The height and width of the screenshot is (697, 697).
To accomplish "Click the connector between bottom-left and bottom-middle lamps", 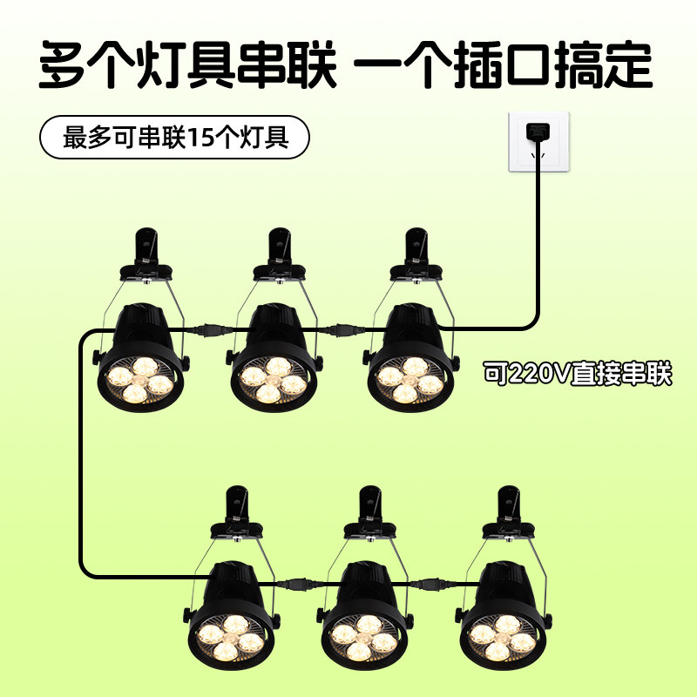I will [298, 583].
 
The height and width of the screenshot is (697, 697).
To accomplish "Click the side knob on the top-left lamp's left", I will [93, 357].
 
